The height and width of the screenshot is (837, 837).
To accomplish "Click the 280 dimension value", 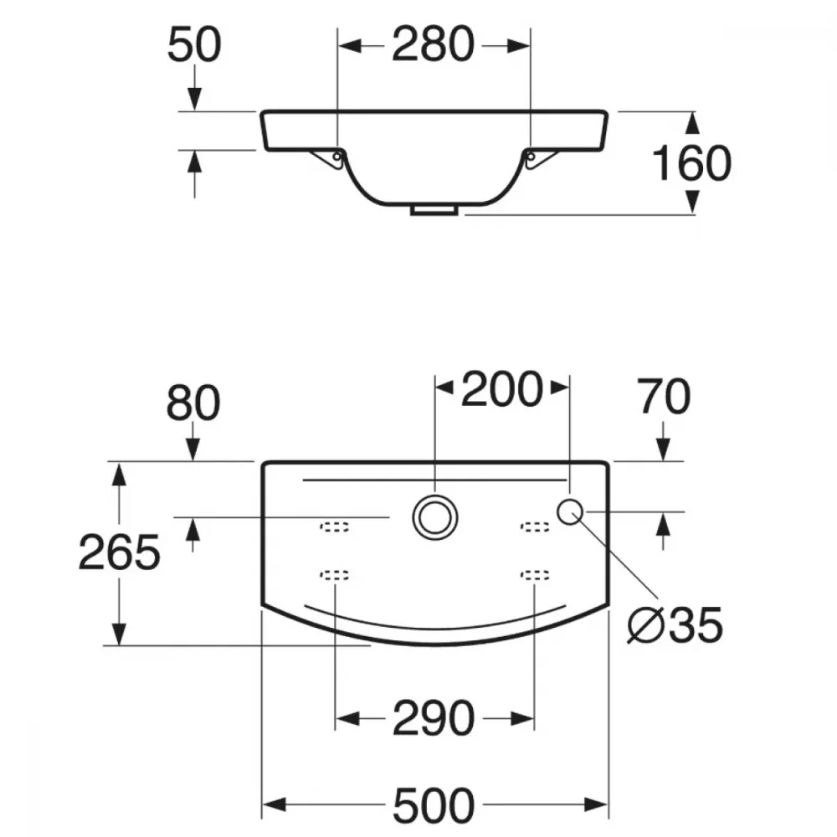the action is pyautogui.click(x=433, y=44).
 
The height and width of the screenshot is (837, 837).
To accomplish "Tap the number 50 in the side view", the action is pyautogui.click(x=194, y=44).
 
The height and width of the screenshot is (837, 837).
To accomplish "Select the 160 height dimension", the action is pyautogui.click(x=692, y=163).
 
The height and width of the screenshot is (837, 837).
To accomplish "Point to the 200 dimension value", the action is pyautogui.click(x=501, y=389).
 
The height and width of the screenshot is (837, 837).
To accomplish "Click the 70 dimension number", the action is pyautogui.click(x=665, y=396).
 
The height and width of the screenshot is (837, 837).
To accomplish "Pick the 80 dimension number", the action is pyautogui.click(x=193, y=403).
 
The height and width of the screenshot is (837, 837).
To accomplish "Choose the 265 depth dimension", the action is pyautogui.click(x=119, y=552).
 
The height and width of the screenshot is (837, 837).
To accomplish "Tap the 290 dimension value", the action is pyautogui.click(x=434, y=718).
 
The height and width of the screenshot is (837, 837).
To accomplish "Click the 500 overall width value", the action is pyautogui.click(x=434, y=805).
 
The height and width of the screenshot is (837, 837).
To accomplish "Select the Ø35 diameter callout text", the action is pyautogui.click(x=675, y=625).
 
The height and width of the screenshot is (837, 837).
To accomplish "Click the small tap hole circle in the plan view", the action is pyautogui.click(x=569, y=512).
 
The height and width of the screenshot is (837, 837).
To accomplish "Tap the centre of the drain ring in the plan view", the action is pyautogui.click(x=435, y=517).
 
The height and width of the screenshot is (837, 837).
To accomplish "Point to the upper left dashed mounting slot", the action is pyautogui.click(x=335, y=527).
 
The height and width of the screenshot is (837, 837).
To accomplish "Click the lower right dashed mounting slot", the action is pyautogui.click(x=535, y=575).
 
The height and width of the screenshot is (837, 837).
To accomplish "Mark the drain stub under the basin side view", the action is pyautogui.click(x=434, y=210).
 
